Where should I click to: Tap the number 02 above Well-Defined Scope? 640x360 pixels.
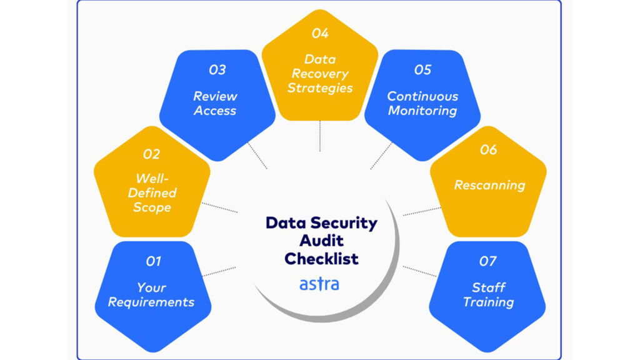[x=151, y=154]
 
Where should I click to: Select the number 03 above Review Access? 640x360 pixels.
[x=217, y=70]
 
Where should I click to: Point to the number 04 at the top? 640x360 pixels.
[x=320, y=33]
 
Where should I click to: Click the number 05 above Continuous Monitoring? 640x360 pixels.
[x=422, y=70]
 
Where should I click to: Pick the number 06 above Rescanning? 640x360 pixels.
[x=488, y=150]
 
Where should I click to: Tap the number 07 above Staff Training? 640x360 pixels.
[x=488, y=261]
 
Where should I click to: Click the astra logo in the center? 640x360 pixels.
[x=319, y=284]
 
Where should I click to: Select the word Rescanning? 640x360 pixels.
[x=489, y=185]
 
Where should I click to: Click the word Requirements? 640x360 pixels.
[x=151, y=302]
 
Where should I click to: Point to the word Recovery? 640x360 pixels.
[x=320, y=74]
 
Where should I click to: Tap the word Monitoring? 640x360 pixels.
[x=422, y=111]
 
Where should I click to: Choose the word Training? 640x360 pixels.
[x=488, y=302]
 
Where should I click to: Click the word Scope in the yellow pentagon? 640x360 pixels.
[x=152, y=207]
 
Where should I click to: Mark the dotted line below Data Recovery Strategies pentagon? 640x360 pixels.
[x=320, y=136]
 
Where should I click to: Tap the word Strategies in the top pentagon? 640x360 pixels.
[x=320, y=87]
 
